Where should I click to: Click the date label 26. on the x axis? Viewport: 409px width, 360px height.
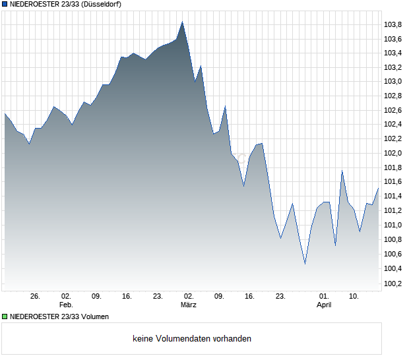coord(36,297)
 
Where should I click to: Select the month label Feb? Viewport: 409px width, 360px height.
coord(65,305)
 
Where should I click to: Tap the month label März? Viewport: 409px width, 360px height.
coord(189,305)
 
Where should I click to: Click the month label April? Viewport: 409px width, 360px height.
coord(324,305)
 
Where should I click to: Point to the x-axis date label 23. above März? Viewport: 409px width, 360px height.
coord(158,297)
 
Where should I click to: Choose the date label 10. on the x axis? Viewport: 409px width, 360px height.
coord(354,297)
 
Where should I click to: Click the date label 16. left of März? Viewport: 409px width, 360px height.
coord(127,297)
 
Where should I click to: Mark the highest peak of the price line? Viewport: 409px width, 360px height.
coord(182,22)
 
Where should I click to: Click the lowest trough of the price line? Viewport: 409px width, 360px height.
coord(305,264)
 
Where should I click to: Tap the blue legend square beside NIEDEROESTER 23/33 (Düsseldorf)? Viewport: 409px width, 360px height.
coord(5,4)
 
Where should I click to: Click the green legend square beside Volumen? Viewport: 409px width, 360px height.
coord(5,316)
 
